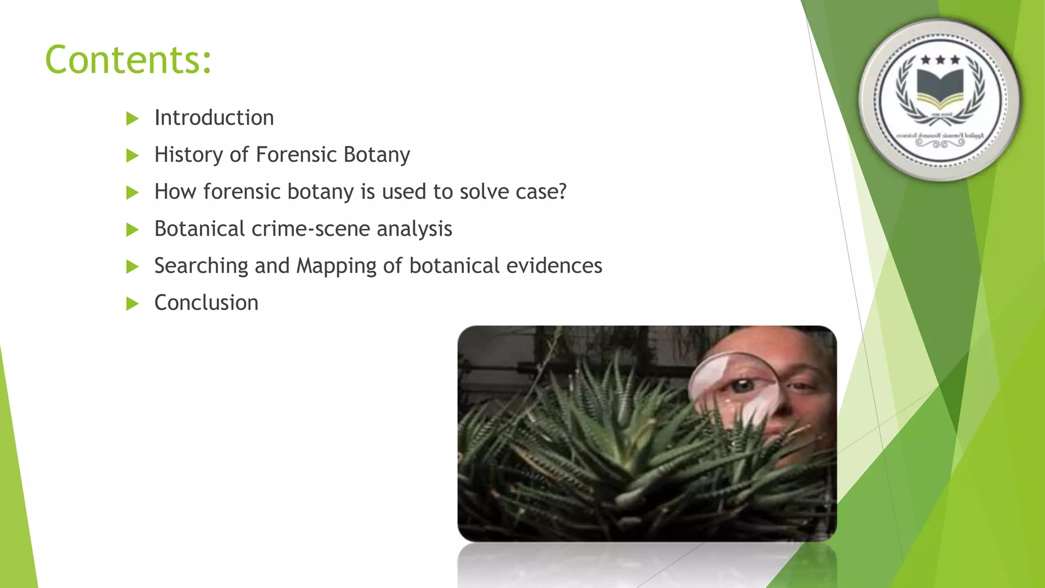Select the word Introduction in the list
214,118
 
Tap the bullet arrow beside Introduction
132,119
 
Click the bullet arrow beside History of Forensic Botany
132,156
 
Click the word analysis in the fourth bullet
414,229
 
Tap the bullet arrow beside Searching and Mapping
132,266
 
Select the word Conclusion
206,303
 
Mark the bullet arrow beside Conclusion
132,304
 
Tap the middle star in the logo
940,60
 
